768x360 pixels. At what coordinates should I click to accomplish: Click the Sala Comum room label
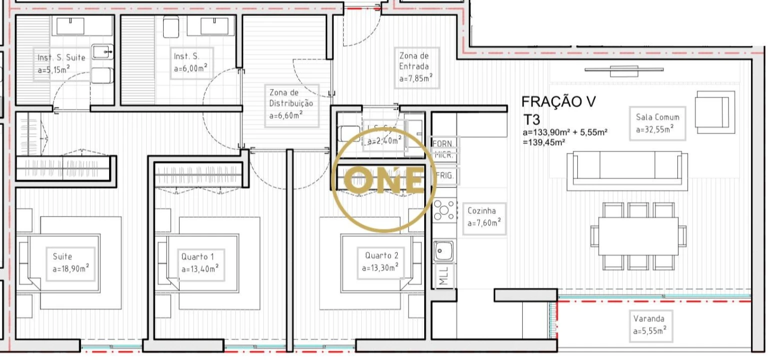pyautogui.click(x=657, y=123)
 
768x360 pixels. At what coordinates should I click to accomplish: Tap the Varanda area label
pyautogui.click(x=649, y=324)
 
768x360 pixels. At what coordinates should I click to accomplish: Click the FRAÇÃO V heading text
pyautogui.click(x=558, y=102)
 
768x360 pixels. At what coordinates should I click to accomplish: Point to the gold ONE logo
pyautogui.click(x=384, y=180)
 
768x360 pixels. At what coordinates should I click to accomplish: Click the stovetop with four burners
pyautogui.click(x=444, y=209)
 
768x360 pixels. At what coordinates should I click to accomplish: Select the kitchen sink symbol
pyautogui.click(x=443, y=249)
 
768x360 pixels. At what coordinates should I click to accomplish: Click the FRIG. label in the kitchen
pyautogui.click(x=444, y=176)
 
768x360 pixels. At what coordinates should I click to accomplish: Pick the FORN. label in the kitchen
pyautogui.click(x=444, y=144)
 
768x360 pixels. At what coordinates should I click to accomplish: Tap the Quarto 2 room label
pyautogui.click(x=381, y=262)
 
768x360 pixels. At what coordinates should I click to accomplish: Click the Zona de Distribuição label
pyautogui.click(x=291, y=104)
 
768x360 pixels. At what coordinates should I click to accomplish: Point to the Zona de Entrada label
pyautogui.click(x=417, y=66)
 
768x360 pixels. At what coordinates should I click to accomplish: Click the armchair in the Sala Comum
pyautogui.click(x=714, y=112)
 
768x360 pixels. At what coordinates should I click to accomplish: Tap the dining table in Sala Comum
pyautogui.click(x=638, y=235)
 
